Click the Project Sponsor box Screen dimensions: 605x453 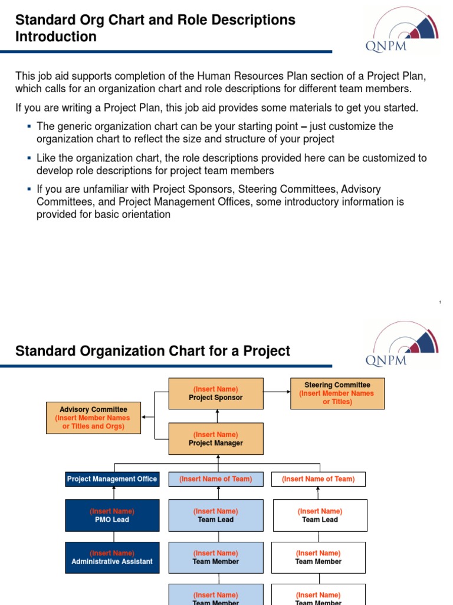tap(215, 393)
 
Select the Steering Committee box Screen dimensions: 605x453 tap(337, 393)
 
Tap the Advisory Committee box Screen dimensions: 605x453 tap(93, 418)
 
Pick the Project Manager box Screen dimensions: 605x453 tap(215, 439)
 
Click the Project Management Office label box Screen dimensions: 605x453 tap(112, 479)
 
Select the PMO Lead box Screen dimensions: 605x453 tap(112, 515)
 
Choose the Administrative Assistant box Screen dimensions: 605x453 tap(112, 558)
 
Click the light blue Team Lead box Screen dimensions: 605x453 tap(215, 515)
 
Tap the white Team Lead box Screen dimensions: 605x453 tap(320, 515)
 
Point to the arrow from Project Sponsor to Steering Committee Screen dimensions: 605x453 tap(276, 391)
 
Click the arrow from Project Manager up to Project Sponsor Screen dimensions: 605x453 tap(218, 416)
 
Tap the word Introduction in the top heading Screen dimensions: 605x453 tap(56, 37)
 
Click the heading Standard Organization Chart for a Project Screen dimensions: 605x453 tap(153, 351)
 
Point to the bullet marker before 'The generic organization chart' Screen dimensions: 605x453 tap(29, 126)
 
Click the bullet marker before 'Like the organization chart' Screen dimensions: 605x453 tap(29, 158)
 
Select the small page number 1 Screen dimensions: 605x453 tap(440, 302)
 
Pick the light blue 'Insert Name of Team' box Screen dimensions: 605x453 tap(215, 479)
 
